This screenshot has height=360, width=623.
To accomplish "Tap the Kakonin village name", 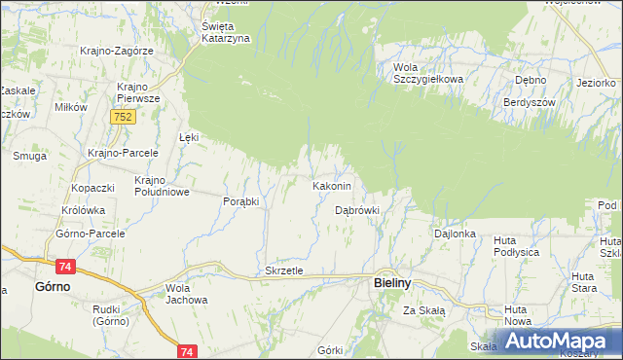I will (337, 185).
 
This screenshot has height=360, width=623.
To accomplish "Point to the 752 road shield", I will (123, 117).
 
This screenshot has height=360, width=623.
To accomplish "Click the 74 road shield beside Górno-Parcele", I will (65, 266).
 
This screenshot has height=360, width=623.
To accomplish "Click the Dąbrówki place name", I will (357, 209).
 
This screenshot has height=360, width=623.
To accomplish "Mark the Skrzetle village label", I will (285, 270).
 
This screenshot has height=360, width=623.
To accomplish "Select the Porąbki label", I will (240, 201).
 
